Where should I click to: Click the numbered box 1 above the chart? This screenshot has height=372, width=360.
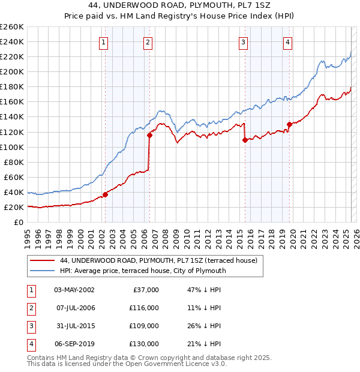coord(104,42)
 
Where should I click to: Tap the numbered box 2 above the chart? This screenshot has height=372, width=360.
coord(148,42)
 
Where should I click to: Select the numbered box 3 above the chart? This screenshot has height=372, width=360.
coord(243,42)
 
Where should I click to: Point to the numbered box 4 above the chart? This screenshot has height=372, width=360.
coord(288,42)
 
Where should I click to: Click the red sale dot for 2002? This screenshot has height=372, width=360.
coord(105,194)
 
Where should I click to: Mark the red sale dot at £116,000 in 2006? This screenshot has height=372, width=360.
coord(149,135)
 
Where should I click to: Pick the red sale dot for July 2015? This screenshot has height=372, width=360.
coord(245,140)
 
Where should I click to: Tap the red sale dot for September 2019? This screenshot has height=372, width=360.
coord(289,124)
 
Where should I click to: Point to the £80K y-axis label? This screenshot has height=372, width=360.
coord(13,162)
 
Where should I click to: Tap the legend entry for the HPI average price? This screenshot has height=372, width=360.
coord(143,271)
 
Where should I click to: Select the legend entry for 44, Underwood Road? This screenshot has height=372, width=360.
coord(158,260)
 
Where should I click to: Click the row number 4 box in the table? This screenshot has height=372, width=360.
coord(30,344)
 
